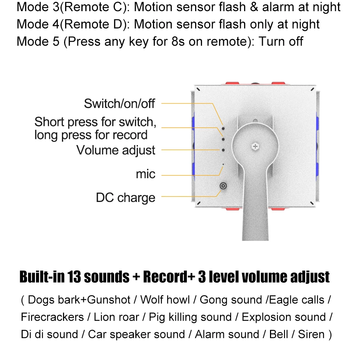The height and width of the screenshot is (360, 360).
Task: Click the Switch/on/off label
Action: point(119,104)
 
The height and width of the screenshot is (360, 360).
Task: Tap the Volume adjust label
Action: point(116,150)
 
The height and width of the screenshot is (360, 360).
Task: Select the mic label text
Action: point(145,174)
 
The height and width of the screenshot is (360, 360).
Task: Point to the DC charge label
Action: point(125,198)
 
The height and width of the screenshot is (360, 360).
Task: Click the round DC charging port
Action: point(224,186)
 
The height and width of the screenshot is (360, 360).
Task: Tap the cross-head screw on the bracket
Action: point(255,147)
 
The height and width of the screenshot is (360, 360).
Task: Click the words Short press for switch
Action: point(95,122)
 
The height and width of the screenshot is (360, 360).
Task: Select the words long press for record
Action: point(91,135)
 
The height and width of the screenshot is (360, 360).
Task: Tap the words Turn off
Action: point(281,41)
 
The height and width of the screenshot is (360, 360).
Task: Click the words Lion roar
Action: point(116,317)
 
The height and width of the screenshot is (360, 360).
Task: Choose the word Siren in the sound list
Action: point(311,334)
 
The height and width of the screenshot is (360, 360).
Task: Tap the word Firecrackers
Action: point(52,317)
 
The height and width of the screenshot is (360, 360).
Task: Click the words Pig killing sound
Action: point(190,317)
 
